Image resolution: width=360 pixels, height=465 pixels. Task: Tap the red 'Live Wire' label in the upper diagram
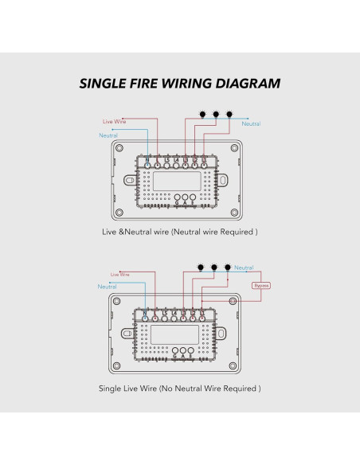(115, 121)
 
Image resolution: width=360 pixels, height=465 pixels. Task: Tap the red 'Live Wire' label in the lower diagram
(119, 273)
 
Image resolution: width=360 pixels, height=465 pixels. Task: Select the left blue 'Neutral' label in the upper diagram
(108, 135)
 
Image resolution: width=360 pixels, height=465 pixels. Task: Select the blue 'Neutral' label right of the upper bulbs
(250, 123)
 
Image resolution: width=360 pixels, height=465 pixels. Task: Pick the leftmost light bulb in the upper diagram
(202, 113)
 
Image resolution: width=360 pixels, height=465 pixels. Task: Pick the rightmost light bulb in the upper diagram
(230, 113)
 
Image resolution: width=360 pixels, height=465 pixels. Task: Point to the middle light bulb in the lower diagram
(214, 267)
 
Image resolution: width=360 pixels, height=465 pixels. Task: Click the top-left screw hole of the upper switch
(119, 149)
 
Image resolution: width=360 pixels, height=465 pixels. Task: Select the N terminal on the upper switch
(147, 162)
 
